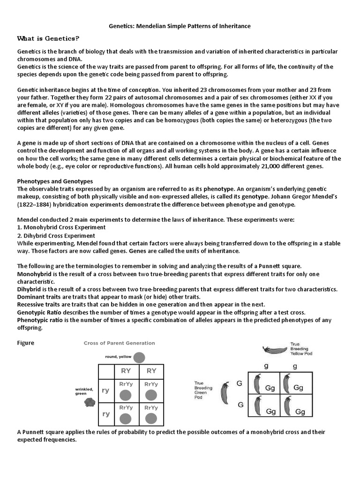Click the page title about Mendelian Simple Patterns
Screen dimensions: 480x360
[180, 26]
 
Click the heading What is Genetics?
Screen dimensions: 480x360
[48, 38]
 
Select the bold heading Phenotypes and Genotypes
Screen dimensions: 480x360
[55, 181]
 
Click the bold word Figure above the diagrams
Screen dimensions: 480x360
[26, 343]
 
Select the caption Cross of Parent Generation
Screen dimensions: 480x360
[119, 343]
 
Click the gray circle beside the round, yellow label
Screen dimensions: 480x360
[139, 358]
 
